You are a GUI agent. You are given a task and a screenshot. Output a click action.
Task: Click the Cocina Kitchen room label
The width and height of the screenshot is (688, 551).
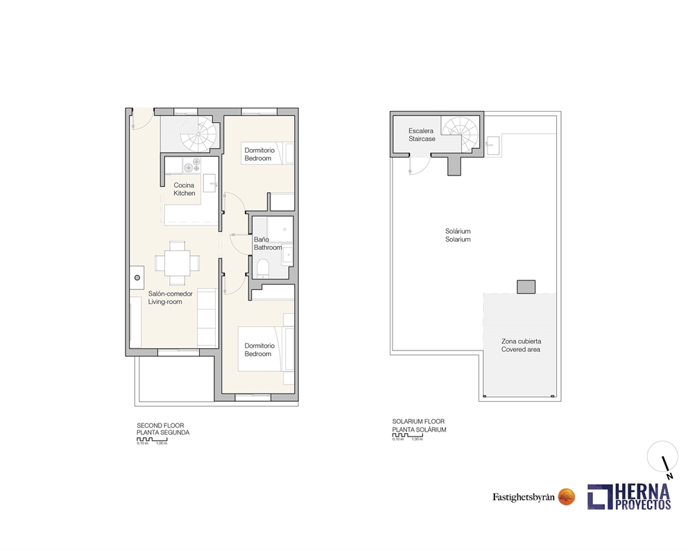pyautogui.click(x=184, y=189)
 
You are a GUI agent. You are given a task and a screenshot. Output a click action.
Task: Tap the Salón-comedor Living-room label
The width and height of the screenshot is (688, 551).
pyautogui.click(x=170, y=298)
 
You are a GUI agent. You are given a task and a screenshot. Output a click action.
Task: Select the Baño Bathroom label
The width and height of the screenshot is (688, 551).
pyautogui.click(x=267, y=244)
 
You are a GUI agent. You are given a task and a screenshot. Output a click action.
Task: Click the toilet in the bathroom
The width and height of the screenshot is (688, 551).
pyautogui.click(x=262, y=269)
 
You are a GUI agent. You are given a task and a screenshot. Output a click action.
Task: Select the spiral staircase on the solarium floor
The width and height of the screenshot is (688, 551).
pyautogui.click(x=461, y=132)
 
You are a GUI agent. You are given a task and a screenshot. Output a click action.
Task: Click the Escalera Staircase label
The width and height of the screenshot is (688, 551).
pyautogui.click(x=422, y=135)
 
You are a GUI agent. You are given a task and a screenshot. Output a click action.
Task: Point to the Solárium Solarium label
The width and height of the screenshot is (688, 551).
pyautogui.click(x=458, y=235)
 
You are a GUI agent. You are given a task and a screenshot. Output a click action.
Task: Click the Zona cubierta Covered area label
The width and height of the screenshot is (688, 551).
pyautogui.click(x=521, y=345)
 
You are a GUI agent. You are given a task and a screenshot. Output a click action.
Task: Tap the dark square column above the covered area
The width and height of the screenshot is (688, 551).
pyautogui.click(x=526, y=286)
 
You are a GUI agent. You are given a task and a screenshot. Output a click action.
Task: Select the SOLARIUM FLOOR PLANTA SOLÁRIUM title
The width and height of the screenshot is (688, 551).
pyautogui.click(x=419, y=425)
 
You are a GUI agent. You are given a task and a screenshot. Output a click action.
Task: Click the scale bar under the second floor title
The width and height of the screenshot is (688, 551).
pyautogui.click(x=152, y=439)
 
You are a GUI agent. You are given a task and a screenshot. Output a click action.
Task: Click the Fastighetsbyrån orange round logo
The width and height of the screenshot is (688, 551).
pyautogui.click(x=567, y=496)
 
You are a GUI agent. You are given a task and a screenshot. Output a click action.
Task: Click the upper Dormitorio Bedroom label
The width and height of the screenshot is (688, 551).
pyautogui.click(x=259, y=154)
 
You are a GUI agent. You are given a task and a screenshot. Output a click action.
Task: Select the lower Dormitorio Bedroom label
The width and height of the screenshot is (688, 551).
pyautogui.click(x=259, y=350)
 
